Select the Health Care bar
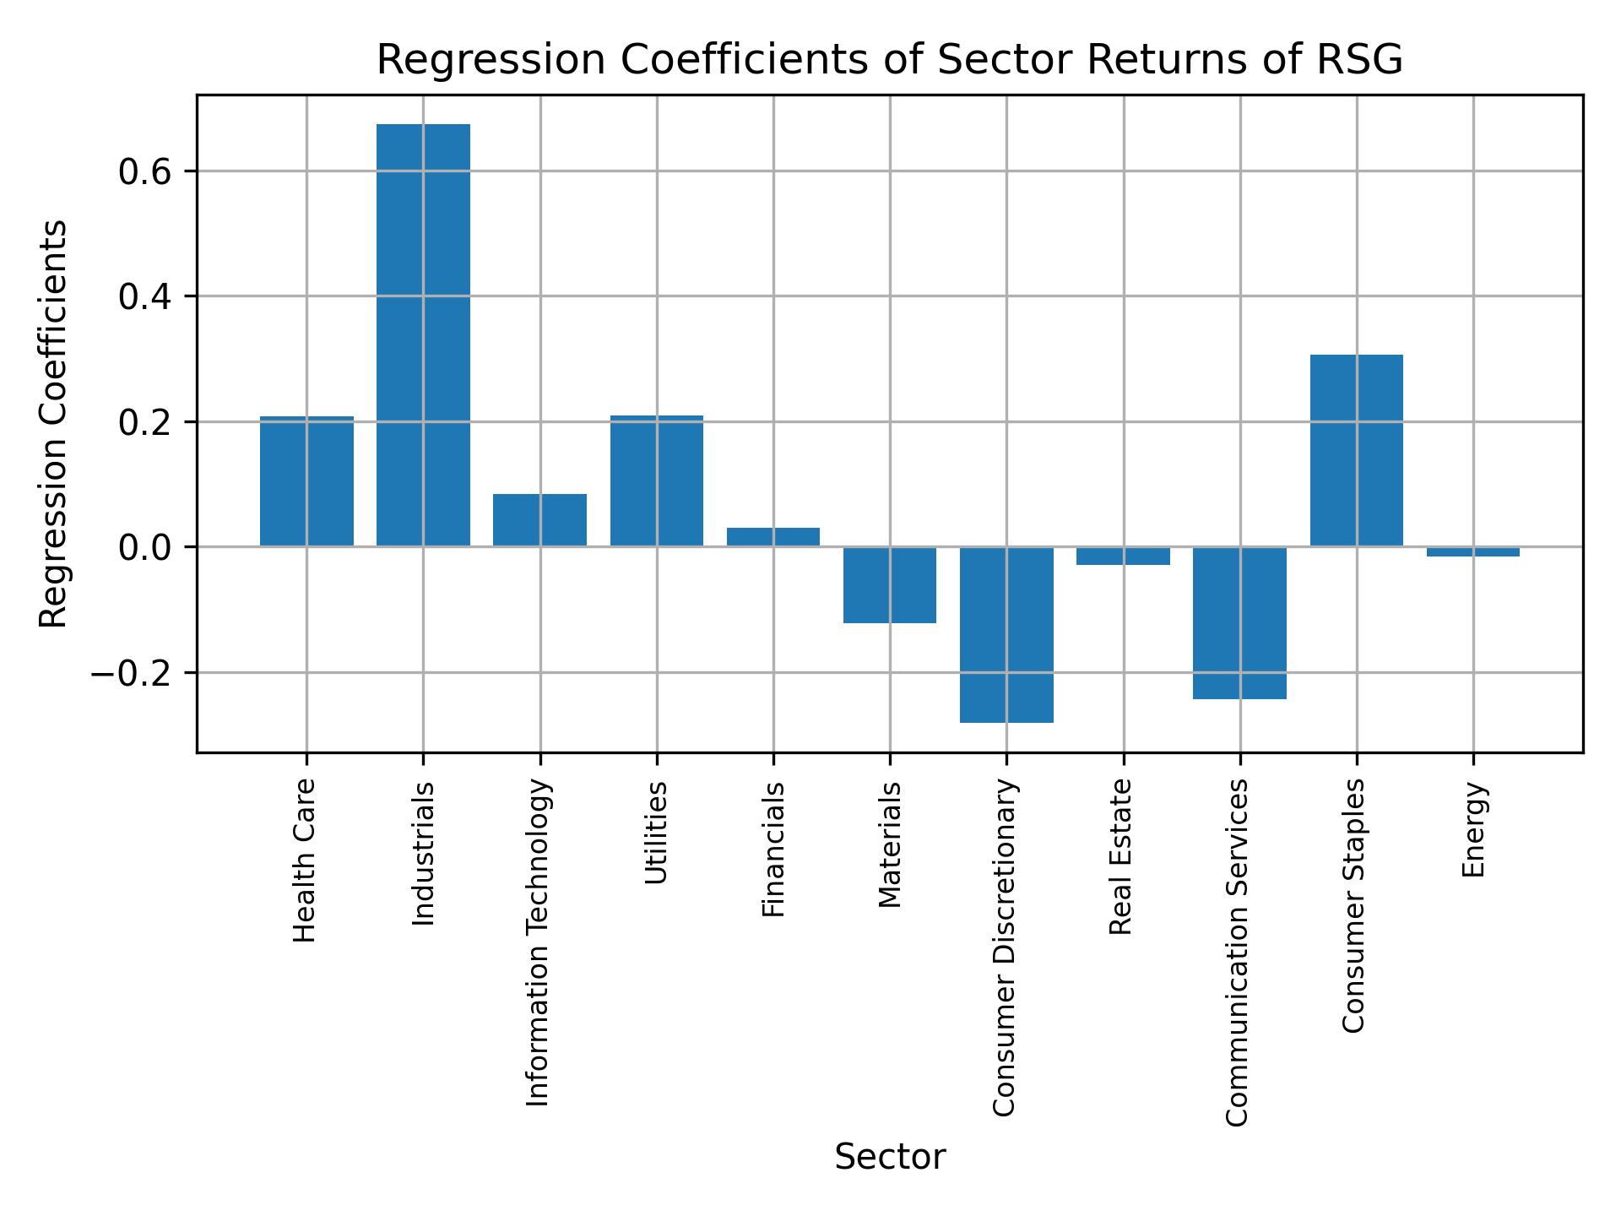click(x=306, y=481)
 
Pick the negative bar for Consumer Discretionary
click(x=1006, y=634)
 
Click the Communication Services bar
click(x=1239, y=622)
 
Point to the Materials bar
click(x=890, y=584)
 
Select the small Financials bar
click(x=773, y=537)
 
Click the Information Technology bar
click(x=539, y=520)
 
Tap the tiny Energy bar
click(x=1473, y=551)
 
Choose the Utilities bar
click(x=657, y=481)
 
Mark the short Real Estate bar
click(x=1123, y=556)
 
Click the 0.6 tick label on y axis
click(x=145, y=172)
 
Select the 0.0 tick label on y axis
click(x=145, y=548)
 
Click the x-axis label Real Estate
click(x=1120, y=856)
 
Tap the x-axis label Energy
click(x=1473, y=830)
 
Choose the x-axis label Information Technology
click(x=539, y=942)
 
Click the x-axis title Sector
click(x=890, y=1157)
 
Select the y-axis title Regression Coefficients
click(x=54, y=424)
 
